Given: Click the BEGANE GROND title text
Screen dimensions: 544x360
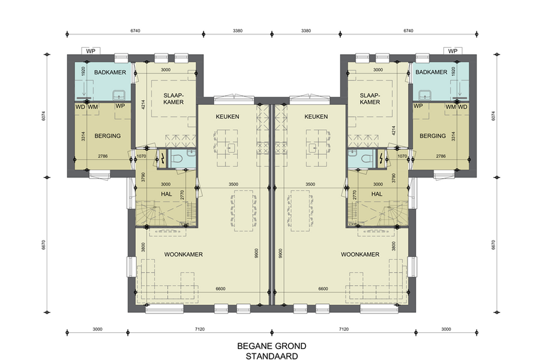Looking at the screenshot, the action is pyautogui.click(x=272, y=346).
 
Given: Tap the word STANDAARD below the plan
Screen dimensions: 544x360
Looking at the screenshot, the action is pyautogui.click(x=272, y=356).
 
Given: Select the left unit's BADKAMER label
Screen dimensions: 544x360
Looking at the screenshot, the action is pyautogui.click(x=110, y=72).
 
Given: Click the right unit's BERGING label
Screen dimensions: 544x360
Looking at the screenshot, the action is pyautogui.click(x=433, y=136).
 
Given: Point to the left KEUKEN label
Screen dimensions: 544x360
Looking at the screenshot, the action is pyautogui.click(x=227, y=117).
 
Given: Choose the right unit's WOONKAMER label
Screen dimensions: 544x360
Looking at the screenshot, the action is pyautogui.click(x=360, y=255).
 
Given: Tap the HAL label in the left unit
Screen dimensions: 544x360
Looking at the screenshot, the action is pyautogui.click(x=166, y=194).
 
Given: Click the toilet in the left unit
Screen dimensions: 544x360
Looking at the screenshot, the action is pyautogui.click(x=177, y=159).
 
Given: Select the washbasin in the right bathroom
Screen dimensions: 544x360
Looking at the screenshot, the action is pyautogui.click(x=424, y=95).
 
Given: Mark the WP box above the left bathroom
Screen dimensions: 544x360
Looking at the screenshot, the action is pyautogui.click(x=90, y=51).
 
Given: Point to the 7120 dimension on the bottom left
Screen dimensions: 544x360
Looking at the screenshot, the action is pyautogui.click(x=200, y=329).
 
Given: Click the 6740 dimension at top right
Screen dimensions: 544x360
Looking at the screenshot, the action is pyautogui.click(x=408, y=31).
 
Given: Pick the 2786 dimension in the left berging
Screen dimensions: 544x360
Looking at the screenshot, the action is pyautogui.click(x=102, y=156).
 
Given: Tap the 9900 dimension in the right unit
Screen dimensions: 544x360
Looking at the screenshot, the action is pyautogui.click(x=280, y=253).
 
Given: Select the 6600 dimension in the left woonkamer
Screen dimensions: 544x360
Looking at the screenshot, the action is pyautogui.click(x=220, y=289).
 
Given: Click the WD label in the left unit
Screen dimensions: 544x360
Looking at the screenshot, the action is pyautogui.click(x=80, y=107).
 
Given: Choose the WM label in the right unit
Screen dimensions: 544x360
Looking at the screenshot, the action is pyautogui.click(x=451, y=107).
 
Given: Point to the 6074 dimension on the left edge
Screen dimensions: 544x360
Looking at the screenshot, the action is pyautogui.click(x=43, y=116).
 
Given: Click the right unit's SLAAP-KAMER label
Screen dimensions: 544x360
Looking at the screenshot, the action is pyautogui.click(x=370, y=98).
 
